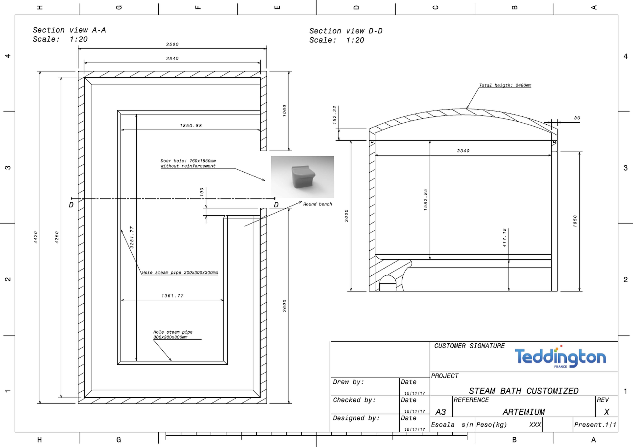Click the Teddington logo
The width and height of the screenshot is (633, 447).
(x=560, y=357)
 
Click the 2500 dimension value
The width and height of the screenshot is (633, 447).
(x=172, y=44)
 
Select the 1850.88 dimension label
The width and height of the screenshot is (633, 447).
(x=191, y=126)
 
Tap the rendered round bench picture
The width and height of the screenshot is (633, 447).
(x=302, y=177)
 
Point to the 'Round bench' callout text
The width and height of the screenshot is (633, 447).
(x=318, y=204)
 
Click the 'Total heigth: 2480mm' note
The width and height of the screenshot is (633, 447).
(x=505, y=85)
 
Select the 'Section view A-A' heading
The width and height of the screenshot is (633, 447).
(x=69, y=30)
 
